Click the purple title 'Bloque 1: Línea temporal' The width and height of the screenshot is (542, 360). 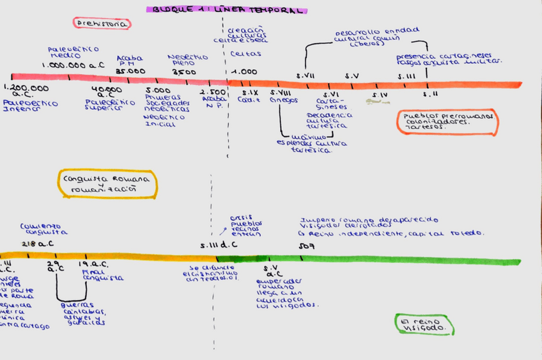pos(226,10)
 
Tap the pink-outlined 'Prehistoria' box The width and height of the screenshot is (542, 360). pos(102,24)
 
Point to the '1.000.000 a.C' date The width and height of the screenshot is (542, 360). pos(73,65)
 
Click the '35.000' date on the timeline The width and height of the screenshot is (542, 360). pos(130,71)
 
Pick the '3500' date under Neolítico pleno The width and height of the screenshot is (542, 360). pos(184,72)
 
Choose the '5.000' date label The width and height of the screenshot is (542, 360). pos(157,91)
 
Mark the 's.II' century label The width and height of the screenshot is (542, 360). pos(430,94)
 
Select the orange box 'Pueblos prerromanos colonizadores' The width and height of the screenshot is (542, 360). pos(447,121)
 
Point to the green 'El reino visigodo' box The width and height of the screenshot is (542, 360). pos(424,325)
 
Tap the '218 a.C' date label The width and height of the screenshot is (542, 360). pos(37,244)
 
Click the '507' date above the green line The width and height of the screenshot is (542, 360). pos(306,245)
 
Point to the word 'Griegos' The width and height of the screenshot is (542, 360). pos(283,100)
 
